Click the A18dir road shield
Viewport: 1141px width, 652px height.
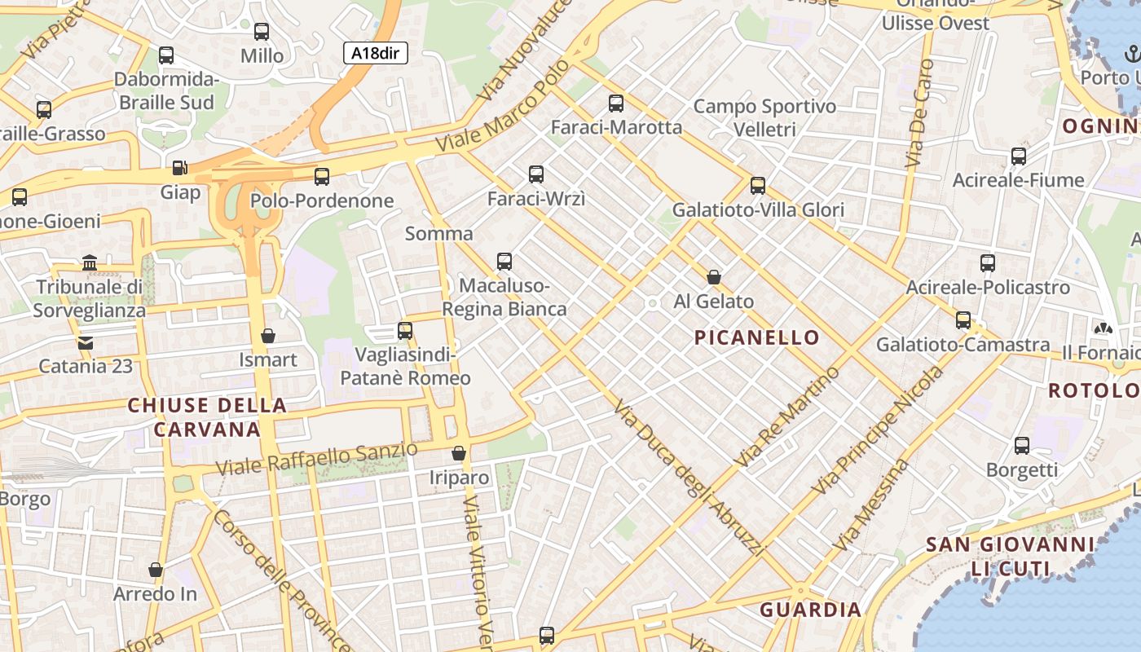375,54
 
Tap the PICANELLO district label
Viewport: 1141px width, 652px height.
757,337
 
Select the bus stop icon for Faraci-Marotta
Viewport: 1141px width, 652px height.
616,104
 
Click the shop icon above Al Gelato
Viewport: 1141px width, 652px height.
714,277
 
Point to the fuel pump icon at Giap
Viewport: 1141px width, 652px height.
179,168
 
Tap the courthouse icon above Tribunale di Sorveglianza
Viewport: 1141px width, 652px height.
90,262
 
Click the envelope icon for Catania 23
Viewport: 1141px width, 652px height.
86,342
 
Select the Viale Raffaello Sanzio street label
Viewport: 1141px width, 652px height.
318,459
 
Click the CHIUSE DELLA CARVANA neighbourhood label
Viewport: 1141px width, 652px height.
207,417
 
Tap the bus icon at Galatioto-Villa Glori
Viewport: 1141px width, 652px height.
758,185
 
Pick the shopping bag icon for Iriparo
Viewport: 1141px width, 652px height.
459,453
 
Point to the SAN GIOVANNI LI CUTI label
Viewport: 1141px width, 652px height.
1011,557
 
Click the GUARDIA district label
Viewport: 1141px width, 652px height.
810,610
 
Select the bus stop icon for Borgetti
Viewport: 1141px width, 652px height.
1022,446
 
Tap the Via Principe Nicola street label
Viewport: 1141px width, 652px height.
880,430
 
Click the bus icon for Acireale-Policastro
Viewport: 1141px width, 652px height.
988,262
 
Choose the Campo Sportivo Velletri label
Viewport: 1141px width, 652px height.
764,117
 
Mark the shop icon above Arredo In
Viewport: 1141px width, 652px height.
156,570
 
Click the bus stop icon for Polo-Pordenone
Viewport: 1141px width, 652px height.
322,176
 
